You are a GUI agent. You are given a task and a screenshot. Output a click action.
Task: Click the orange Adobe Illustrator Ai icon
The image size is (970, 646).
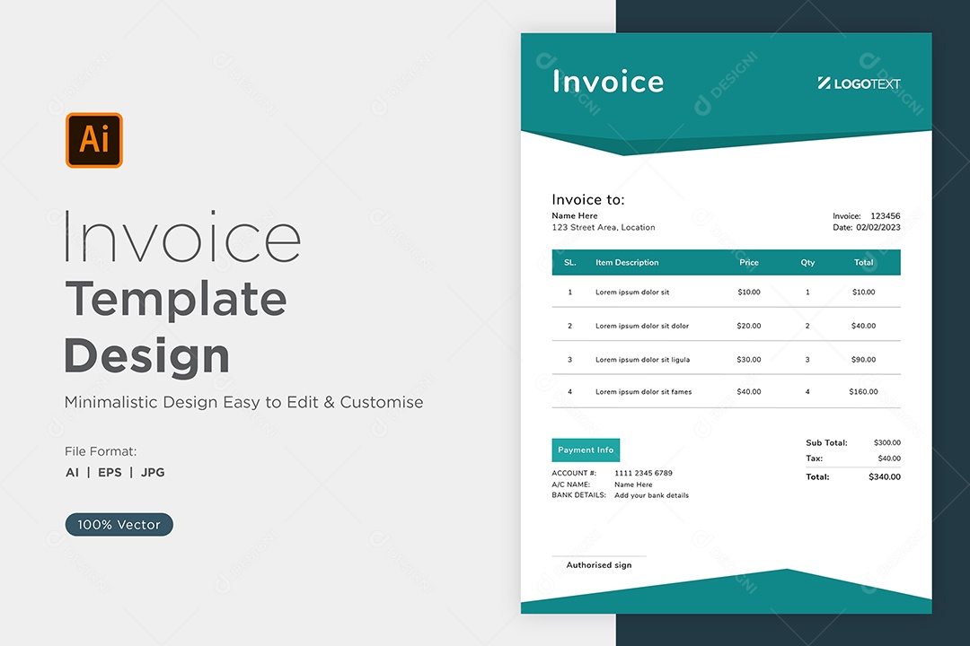pyautogui.click(x=94, y=140)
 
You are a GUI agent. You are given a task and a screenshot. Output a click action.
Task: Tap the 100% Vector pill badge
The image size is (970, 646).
pyautogui.click(x=119, y=524)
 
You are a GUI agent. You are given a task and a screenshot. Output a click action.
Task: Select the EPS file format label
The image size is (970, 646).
pyautogui.click(x=110, y=472)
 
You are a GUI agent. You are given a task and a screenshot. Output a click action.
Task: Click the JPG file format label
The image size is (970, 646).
pyautogui.click(x=153, y=472)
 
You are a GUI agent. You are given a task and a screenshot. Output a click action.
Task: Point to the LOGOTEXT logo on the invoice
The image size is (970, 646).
pyautogui.click(x=859, y=83)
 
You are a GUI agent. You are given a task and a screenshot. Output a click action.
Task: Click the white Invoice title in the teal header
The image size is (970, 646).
pyautogui.click(x=608, y=82)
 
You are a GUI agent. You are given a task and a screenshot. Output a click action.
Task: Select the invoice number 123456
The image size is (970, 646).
pyautogui.click(x=886, y=215)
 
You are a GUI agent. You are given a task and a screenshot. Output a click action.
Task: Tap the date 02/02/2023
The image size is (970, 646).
pyautogui.click(x=878, y=228)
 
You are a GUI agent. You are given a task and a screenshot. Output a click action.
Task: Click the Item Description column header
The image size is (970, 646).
pyautogui.click(x=627, y=262)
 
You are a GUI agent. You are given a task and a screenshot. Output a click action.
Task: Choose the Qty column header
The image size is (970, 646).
pyautogui.click(x=807, y=262)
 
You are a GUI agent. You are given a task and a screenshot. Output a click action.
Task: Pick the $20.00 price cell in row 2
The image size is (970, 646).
pyautogui.click(x=748, y=326)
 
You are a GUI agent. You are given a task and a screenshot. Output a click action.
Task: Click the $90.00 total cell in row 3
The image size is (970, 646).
pyautogui.click(x=863, y=359)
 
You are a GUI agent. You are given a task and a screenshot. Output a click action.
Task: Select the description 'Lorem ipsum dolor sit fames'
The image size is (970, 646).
pyautogui.click(x=643, y=391)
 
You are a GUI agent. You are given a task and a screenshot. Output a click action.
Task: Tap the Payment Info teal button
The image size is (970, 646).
pyautogui.click(x=586, y=450)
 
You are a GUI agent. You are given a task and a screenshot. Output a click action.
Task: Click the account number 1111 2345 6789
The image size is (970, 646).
pyautogui.click(x=643, y=473)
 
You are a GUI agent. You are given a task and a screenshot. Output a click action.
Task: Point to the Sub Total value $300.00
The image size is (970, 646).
pyautogui.click(x=887, y=442)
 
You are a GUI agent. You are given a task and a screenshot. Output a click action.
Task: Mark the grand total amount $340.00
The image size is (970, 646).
pyautogui.click(x=885, y=476)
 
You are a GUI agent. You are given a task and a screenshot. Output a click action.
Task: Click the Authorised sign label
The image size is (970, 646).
pyautogui.click(x=599, y=565)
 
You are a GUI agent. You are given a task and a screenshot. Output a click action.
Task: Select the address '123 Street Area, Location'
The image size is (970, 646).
pyautogui.click(x=604, y=228)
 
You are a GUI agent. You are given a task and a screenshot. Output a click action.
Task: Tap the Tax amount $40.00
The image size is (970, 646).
pyautogui.click(x=889, y=458)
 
